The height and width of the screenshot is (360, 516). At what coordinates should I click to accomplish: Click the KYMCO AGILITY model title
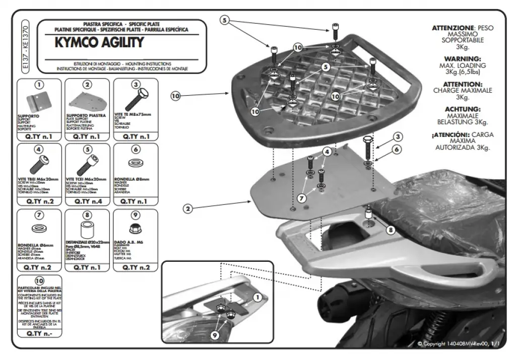[99, 42]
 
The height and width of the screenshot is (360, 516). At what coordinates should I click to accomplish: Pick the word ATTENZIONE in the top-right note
[453, 28]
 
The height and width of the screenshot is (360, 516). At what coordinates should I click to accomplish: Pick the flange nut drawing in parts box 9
[135, 229]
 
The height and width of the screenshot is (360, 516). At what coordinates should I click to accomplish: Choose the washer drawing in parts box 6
[135, 164]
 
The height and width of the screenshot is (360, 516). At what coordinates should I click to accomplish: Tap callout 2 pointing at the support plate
[187, 208]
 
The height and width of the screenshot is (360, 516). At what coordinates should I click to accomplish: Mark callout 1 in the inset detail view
[258, 298]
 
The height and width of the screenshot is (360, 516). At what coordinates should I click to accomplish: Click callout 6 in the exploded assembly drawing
[397, 150]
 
